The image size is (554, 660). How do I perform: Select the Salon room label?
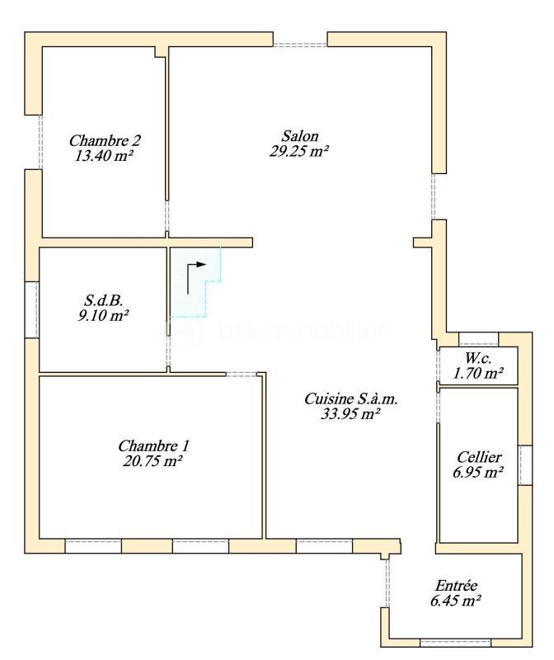click(x=300, y=136)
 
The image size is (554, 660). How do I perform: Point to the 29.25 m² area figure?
click(x=300, y=151)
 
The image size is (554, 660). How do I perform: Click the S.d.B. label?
click(x=104, y=300)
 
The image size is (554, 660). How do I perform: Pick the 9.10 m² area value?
click(x=104, y=315)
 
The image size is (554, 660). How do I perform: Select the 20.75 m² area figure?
click(x=151, y=462)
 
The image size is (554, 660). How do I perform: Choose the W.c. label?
click(x=478, y=359)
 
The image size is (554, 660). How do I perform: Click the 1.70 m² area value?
click(x=478, y=374)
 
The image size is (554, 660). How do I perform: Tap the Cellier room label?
click(x=478, y=457)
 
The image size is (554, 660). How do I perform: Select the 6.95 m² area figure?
click(x=478, y=473)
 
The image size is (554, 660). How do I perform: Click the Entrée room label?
click(x=456, y=586)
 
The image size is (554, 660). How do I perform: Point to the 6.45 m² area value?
click(x=456, y=601)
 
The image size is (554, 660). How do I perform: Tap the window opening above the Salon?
click(x=300, y=44)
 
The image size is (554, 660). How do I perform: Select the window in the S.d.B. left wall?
click(x=32, y=309)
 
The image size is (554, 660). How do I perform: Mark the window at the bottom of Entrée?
click(x=454, y=642)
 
